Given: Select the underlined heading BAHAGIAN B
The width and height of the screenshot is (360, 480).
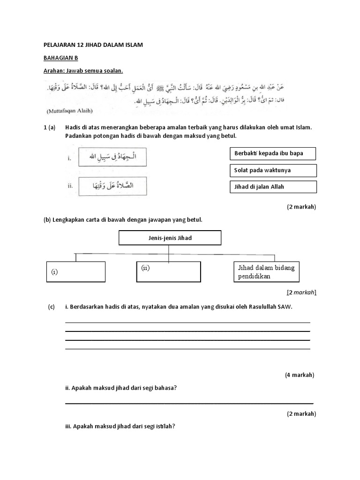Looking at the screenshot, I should tap(60, 58).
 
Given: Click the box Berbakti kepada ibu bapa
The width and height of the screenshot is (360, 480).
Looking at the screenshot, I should tap(273, 154).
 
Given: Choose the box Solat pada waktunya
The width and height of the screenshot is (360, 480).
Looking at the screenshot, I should tap(273, 170).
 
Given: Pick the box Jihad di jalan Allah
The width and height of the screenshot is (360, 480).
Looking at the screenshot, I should tap(273, 187).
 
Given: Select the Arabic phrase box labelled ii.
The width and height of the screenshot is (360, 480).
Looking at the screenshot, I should tap(112, 186).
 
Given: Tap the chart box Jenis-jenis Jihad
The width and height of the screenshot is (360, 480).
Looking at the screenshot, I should tap(170, 238).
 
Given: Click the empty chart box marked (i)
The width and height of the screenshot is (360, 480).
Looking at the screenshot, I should tap(75, 272).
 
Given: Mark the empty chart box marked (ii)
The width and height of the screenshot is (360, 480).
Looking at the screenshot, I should tap(169, 272).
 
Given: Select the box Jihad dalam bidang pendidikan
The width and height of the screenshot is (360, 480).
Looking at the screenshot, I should tap(266, 272).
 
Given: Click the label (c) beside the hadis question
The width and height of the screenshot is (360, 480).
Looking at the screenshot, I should tap(51, 307).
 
